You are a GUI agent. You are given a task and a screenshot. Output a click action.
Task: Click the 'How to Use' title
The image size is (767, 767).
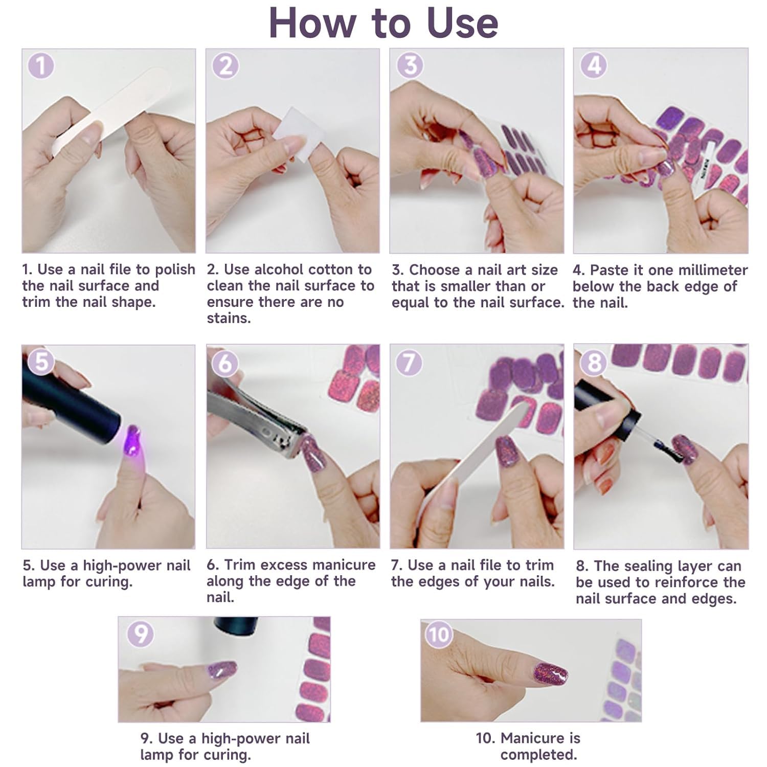pos(383,23)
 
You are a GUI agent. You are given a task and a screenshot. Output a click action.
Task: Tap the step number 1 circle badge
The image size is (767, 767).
pos(41,66)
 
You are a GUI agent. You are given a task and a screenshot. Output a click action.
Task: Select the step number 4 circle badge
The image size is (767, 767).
pos(594,65)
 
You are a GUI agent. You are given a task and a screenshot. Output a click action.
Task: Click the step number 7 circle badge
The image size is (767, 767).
pos(409,363)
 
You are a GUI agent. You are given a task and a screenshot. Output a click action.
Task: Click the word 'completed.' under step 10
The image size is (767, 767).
pos(538,755)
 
